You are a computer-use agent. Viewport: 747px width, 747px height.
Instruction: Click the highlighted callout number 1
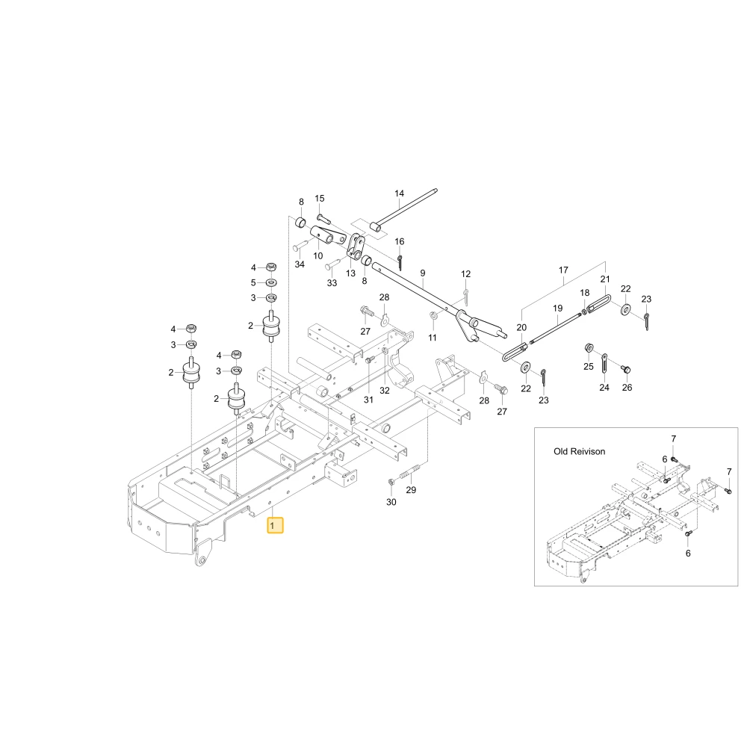click(x=275, y=525)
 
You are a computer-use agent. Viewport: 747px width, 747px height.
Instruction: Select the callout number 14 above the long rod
click(x=399, y=193)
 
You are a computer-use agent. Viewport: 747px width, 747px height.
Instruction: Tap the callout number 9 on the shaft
click(x=423, y=273)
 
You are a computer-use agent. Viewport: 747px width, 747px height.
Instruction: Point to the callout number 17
click(x=563, y=270)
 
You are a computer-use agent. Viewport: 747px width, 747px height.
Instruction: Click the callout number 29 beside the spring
click(x=411, y=490)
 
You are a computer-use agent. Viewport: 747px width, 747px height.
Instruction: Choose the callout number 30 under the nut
click(x=391, y=502)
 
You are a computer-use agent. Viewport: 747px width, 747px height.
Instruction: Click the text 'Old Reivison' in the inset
click(x=580, y=451)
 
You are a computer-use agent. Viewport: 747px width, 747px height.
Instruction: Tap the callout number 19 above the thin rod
click(x=558, y=309)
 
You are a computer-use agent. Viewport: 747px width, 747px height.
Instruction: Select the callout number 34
click(x=300, y=264)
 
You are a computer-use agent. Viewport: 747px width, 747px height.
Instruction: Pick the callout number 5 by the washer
click(x=253, y=283)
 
